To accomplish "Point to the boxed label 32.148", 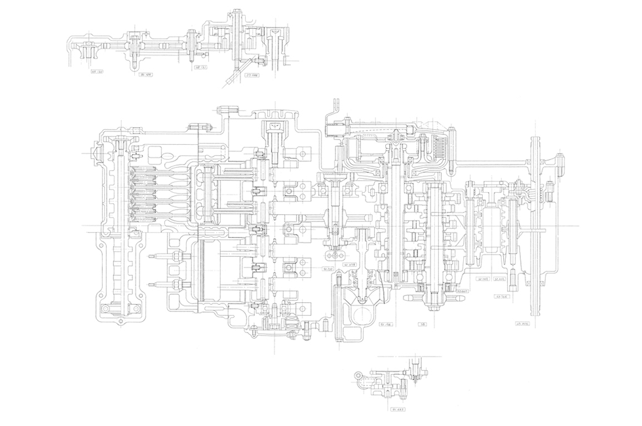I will click(484, 279).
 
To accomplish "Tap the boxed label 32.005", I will click(500, 279).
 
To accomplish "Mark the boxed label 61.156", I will click(387, 324).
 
